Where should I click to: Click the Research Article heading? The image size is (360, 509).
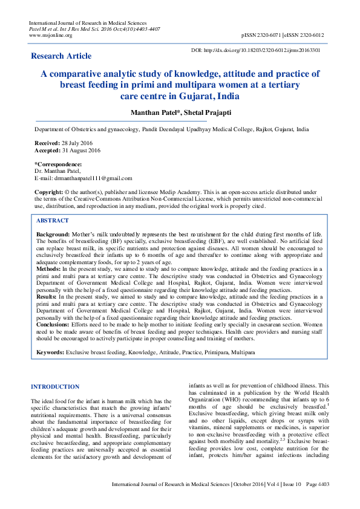(61, 56)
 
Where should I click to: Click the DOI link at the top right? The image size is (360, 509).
(264, 50)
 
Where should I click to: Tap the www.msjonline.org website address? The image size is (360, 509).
(51, 35)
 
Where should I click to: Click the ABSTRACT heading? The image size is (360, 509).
(53, 221)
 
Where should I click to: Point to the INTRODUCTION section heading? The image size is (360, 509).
(54, 386)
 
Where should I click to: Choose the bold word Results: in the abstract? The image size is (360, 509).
(47, 297)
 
